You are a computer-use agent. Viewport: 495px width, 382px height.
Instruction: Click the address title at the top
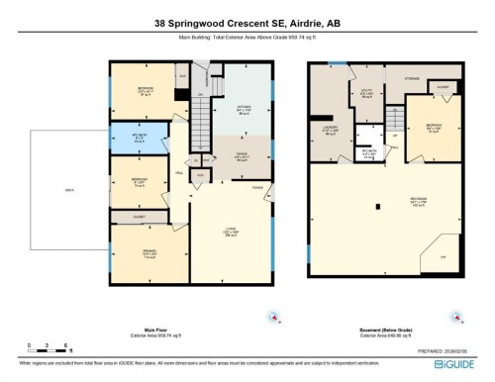coord(247,24)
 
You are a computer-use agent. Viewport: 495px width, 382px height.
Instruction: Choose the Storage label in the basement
coord(411,77)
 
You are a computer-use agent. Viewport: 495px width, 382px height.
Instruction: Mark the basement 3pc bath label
coord(368,152)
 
